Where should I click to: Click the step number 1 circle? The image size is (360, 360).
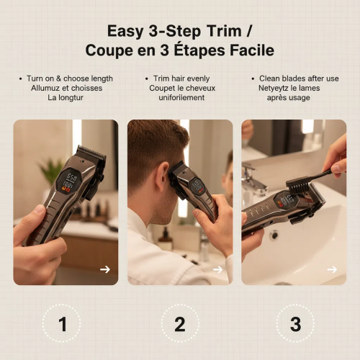tap(62, 323)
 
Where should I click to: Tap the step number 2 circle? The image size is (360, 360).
tap(180, 323)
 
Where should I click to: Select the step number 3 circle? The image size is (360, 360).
tap(295, 323)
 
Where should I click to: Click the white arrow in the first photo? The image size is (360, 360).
tap(105, 269)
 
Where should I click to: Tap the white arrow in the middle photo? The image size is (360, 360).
tap(219, 269)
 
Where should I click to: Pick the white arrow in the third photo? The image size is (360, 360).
tap(332, 269)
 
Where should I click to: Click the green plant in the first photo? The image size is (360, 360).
tap(51, 171)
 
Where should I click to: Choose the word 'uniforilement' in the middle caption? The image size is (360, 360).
tap(180, 97)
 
